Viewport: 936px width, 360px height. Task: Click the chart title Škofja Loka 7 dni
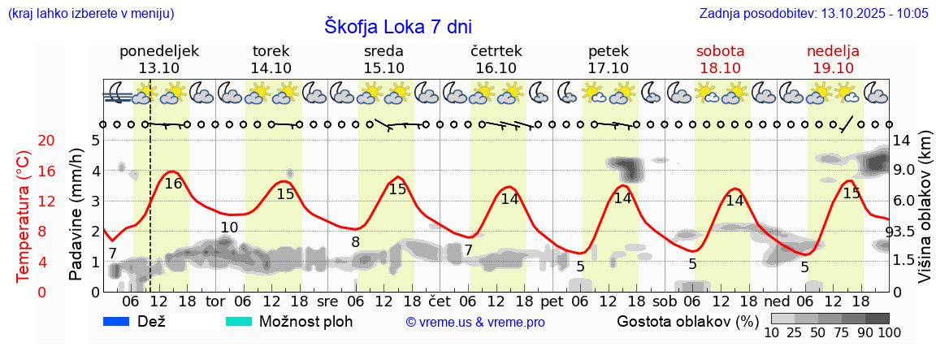point(397,26)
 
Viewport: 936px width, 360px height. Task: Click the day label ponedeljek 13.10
point(158,59)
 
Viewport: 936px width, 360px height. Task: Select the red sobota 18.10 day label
point(720,59)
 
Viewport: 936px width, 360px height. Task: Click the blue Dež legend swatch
point(118,322)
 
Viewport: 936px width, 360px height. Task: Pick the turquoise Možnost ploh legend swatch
point(239,322)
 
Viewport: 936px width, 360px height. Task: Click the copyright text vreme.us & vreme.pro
point(475,323)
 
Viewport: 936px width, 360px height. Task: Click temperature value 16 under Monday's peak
point(173,184)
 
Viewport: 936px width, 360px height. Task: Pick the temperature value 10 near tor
point(229,228)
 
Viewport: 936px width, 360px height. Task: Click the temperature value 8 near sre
point(355,242)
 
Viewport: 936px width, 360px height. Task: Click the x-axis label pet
point(552,302)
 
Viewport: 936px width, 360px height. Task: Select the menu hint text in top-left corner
point(90,14)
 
